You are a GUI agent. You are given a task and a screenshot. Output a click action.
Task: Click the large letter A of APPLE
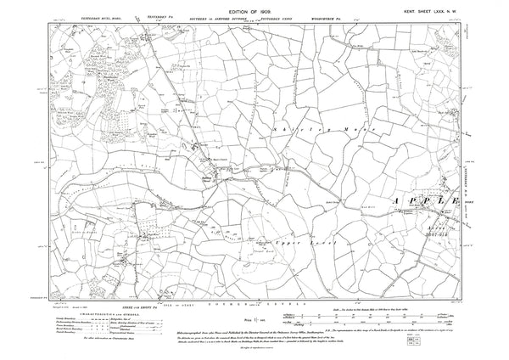pyautogui.click(x=400, y=201)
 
